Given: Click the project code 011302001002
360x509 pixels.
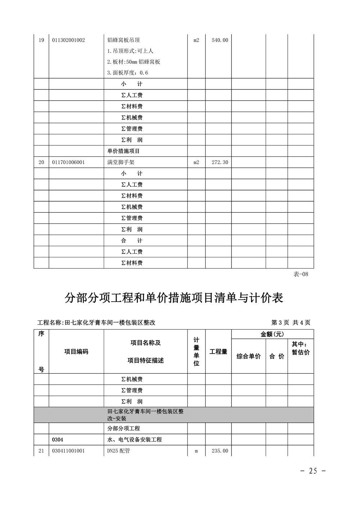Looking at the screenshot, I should [69, 40].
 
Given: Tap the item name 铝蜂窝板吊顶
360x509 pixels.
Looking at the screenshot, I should [123, 40].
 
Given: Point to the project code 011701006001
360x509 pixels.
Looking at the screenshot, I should [69, 162].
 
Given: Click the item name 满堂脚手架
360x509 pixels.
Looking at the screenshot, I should [121, 162].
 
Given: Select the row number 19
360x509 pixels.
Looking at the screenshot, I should [41, 40].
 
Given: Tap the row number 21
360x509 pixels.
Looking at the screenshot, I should [41, 451].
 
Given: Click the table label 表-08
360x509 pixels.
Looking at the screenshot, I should [301, 274].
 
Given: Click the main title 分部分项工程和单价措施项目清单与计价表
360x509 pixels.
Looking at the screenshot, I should [174, 298].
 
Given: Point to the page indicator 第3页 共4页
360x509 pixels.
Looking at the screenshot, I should [291, 323].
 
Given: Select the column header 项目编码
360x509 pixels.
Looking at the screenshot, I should [76, 352].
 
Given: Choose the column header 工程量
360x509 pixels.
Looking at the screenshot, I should [219, 352].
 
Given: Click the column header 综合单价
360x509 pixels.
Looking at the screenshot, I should [248, 356].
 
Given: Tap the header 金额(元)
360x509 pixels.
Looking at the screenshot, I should [272, 334].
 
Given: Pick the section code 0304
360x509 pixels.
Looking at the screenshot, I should [57, 440].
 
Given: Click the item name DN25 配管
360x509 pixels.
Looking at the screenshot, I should [121, 451].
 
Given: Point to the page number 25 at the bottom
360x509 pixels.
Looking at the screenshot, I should [313, 471].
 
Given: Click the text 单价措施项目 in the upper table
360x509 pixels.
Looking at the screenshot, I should [123, 151].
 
